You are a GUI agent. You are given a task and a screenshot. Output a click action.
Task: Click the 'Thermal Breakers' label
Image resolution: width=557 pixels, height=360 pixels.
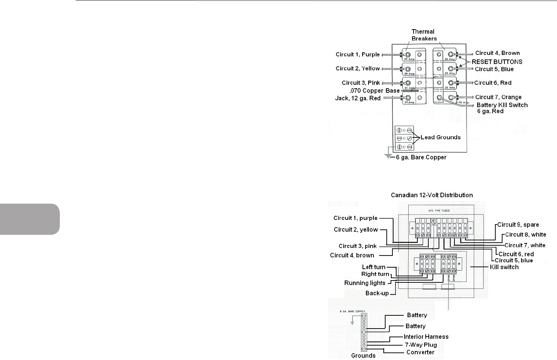coord(423,35)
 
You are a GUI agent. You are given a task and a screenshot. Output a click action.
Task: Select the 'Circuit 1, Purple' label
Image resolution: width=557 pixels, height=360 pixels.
coord(358,55)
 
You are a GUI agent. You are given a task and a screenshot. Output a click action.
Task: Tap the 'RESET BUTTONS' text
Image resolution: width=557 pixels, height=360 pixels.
coord(497,62)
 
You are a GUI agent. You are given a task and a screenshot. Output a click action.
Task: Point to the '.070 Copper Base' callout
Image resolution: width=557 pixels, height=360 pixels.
coord(375,91)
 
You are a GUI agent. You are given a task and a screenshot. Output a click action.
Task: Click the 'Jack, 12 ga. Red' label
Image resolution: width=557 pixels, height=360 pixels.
coord(358,98)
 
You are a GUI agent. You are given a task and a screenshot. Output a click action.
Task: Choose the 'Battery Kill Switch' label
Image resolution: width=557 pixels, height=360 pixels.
coord(502,105)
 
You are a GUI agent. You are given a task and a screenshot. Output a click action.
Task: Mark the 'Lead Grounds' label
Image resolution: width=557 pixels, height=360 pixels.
coord(440,137)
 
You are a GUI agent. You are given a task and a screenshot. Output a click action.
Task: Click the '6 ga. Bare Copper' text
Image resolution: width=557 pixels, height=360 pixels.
coord(421,157)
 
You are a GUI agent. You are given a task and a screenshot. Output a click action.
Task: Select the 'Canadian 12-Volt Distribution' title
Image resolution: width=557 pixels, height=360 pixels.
coord(431,195)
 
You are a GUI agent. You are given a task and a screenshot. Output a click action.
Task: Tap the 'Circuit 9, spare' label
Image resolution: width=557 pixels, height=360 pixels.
coord(518,224)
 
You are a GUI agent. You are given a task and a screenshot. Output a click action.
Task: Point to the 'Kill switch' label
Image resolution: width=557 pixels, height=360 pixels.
coord(504,267)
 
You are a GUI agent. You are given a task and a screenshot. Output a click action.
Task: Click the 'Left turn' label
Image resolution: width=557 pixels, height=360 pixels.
coord(373,267)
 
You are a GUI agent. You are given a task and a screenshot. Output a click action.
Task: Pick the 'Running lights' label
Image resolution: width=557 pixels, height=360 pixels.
coord(364,283)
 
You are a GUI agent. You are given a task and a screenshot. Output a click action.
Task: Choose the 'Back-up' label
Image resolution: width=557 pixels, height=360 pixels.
coord(377,293)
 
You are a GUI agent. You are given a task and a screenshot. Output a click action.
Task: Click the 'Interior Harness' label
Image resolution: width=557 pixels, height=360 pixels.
coord(426,337)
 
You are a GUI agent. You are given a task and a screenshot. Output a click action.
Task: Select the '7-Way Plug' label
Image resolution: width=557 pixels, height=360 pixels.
coord(421,345)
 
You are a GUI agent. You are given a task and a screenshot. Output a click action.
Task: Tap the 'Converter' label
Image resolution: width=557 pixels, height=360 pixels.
coord(420,352)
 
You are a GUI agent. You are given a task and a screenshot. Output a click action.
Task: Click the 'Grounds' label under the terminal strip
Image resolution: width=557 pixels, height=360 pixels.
coord(363,355)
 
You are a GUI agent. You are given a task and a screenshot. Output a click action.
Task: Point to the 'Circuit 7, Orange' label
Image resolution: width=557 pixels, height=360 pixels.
coord(498,97)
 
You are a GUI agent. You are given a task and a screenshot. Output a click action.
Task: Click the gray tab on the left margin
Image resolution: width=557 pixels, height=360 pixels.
coord(30,219)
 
